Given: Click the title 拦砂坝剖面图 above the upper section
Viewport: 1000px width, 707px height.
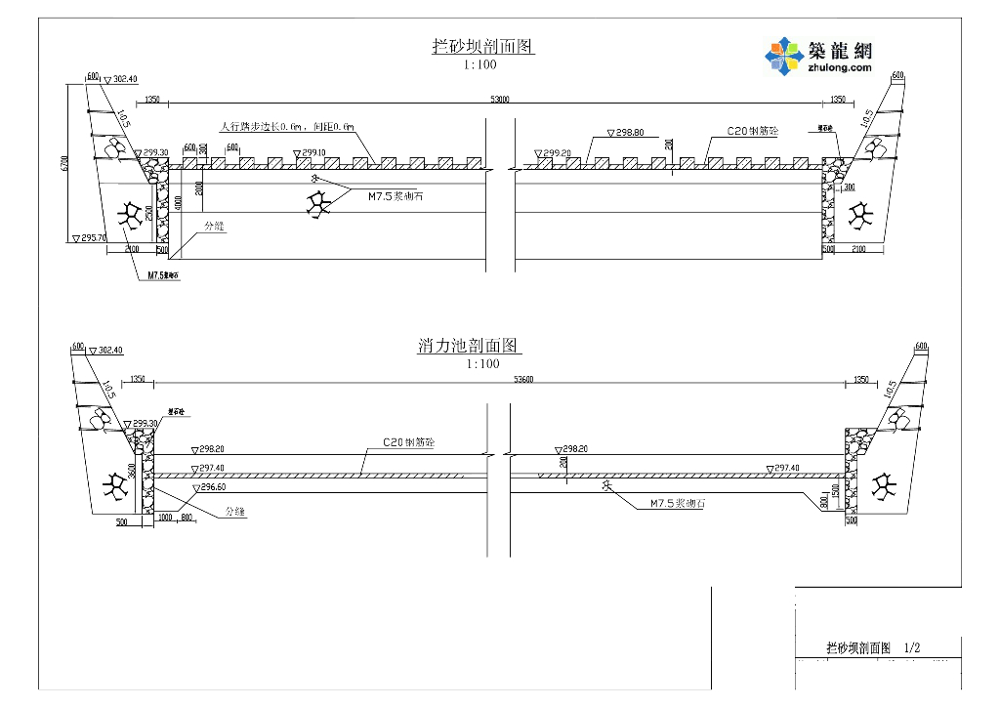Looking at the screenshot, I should pyautogui.click(x=483, y=46).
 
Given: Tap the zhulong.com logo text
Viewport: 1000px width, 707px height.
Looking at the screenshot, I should pyautogui.click(x=839, y=68).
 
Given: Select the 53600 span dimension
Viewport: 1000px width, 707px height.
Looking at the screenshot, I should pyautogui.click(x=499, y=379).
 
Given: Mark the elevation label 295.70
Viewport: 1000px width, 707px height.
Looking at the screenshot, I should pyautogui.click(x=93, y=237).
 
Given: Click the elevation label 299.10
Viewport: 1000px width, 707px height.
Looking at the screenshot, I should pyautogui.click(x=312, y=153).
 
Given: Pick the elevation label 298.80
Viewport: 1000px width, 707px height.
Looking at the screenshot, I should pyautogui.click(x=625, y=132).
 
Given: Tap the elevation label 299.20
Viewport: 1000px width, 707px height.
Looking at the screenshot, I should pyautogui.click(x=557, y=153).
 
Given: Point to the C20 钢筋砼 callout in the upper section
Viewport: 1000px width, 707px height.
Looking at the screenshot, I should pyautogui.click(x=752, y=130).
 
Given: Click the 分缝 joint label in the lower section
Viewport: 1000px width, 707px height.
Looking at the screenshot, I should pyautogui.click(x=235, y=511).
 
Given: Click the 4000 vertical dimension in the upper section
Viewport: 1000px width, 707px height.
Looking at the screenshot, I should pyautogui.click(x=178, y=203).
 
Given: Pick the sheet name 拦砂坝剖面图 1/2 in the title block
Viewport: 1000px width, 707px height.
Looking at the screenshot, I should pyautogui.click(x=873, y=647).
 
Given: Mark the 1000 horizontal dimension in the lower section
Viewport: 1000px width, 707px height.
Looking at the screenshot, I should pyautogui.click(x=164, y=517).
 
